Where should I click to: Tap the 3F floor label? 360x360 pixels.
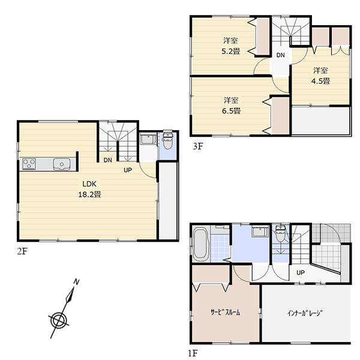196,145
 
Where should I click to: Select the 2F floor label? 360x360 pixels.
22,251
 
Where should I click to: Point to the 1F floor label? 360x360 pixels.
195,353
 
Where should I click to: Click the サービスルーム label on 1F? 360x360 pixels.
226,313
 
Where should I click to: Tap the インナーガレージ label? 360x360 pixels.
304,313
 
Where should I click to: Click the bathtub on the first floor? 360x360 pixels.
200,244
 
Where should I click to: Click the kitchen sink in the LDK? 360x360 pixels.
61,164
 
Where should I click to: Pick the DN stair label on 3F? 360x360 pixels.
280,55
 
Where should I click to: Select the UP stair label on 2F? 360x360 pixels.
128,170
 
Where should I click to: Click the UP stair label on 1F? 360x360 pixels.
301,273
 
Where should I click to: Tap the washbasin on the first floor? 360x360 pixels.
259,232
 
